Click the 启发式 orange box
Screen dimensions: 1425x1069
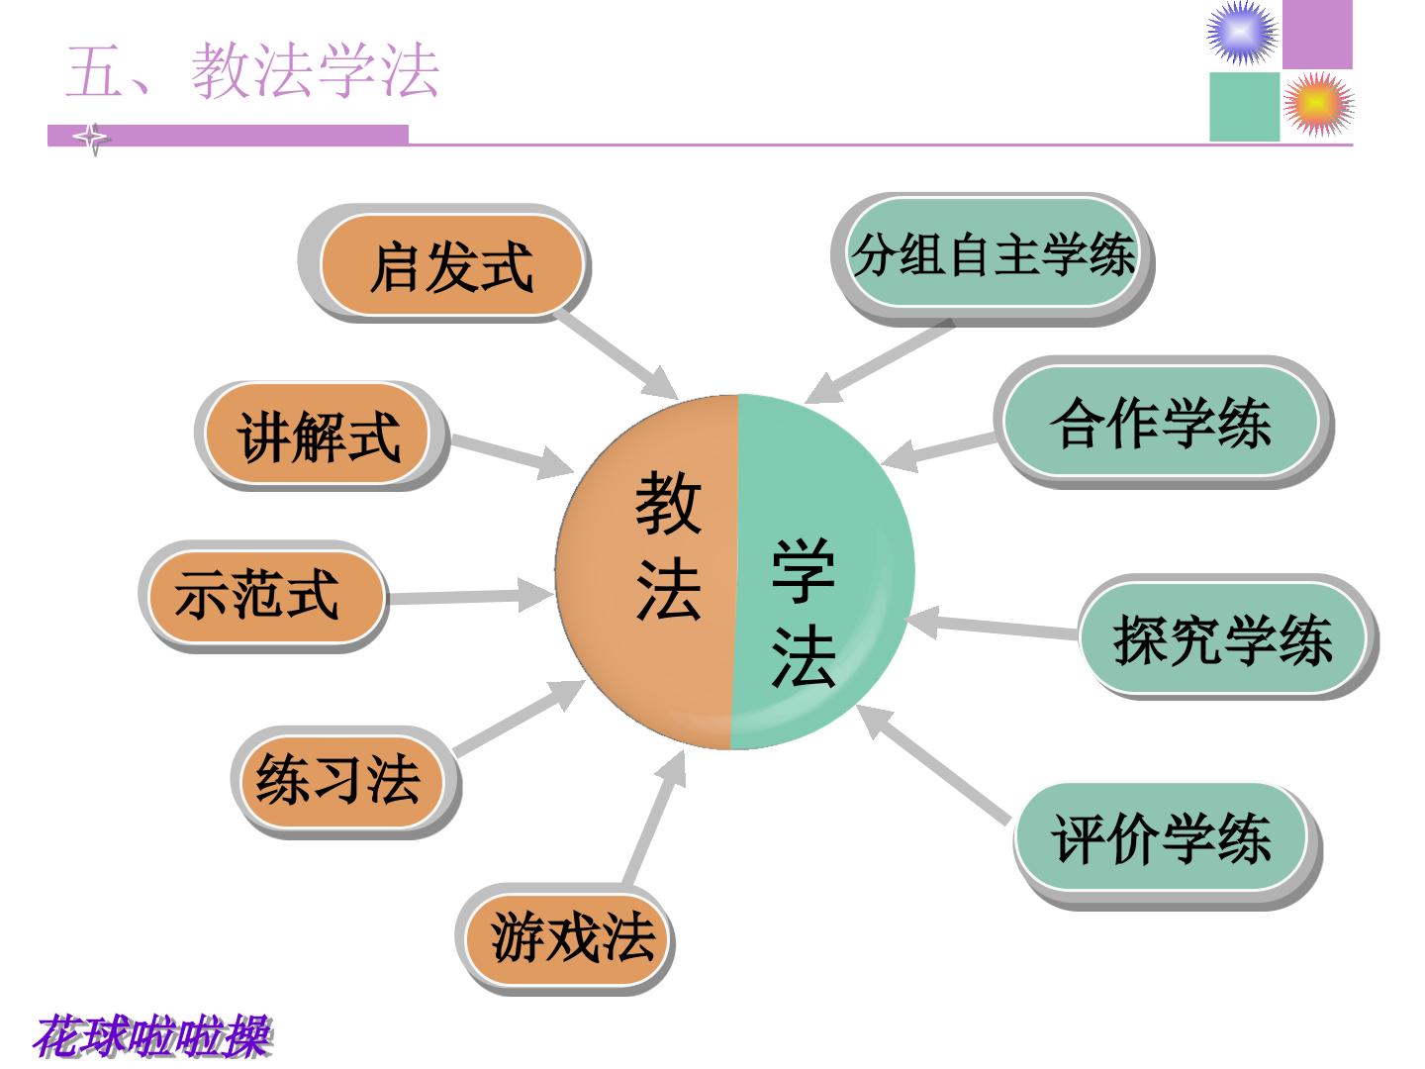(x=451, y=265)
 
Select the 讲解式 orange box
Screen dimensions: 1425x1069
(x=317, y=434)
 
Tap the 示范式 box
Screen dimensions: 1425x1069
(x=265, y=596)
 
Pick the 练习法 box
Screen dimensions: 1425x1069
(x=341, y=782)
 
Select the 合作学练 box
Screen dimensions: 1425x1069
(x=1161, y=422)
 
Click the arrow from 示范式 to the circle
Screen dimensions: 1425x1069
(x=470, y=596)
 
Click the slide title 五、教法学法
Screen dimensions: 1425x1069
(x=252, y=71)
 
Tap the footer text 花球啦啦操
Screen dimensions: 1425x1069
(x=153, y=1036)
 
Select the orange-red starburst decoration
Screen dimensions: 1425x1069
(x=1318, y=104)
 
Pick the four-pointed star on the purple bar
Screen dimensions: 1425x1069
(x=93, y=138)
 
